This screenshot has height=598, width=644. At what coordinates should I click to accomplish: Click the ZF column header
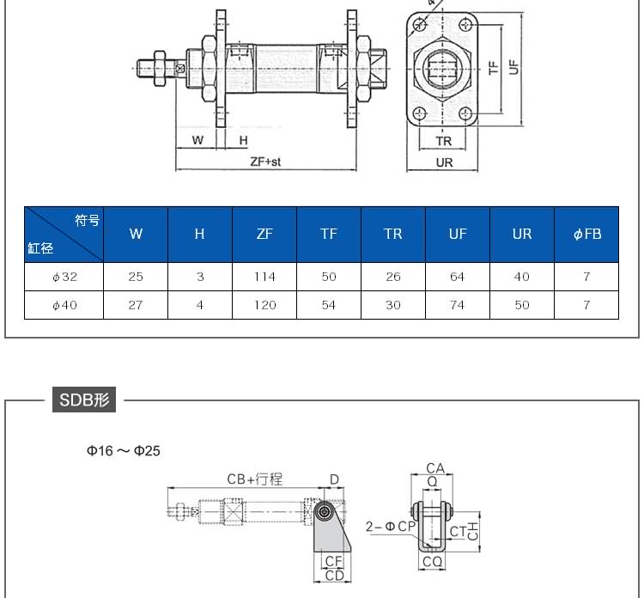(264, 235)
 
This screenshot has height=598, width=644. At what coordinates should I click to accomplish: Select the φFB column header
(587, 235)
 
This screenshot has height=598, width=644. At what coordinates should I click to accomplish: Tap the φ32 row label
(64, 277)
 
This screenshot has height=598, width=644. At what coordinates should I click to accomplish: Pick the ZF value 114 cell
(264, 277)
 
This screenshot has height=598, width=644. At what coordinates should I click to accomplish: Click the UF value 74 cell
(458, 305)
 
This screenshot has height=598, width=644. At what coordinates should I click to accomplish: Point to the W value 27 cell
(136, 305)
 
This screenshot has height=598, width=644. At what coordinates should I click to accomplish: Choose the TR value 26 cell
(393, 277)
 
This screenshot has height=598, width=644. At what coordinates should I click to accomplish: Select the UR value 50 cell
(522, 305)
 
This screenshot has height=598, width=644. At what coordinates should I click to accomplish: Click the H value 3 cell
(200, 277)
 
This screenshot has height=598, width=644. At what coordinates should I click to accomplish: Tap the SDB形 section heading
(84, 400)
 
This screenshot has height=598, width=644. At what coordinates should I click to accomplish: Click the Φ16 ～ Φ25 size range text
(123, 451)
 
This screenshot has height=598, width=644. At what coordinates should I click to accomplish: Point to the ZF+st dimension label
(265, 162)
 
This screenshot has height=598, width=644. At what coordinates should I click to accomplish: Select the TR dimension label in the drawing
(444, 142)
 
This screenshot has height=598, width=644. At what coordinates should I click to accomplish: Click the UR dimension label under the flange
(444, 162)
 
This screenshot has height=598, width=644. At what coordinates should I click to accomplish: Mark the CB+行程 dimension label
(255, 479)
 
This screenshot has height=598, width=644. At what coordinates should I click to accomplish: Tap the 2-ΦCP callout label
(391, 527)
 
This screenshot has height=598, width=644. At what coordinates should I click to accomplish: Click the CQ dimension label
(432, 561)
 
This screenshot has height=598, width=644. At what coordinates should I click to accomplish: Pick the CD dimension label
(334, 576)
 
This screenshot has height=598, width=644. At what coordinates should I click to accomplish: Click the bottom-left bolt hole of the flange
(420, 113)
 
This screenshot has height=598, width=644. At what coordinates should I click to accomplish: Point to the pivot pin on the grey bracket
(325, 512)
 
